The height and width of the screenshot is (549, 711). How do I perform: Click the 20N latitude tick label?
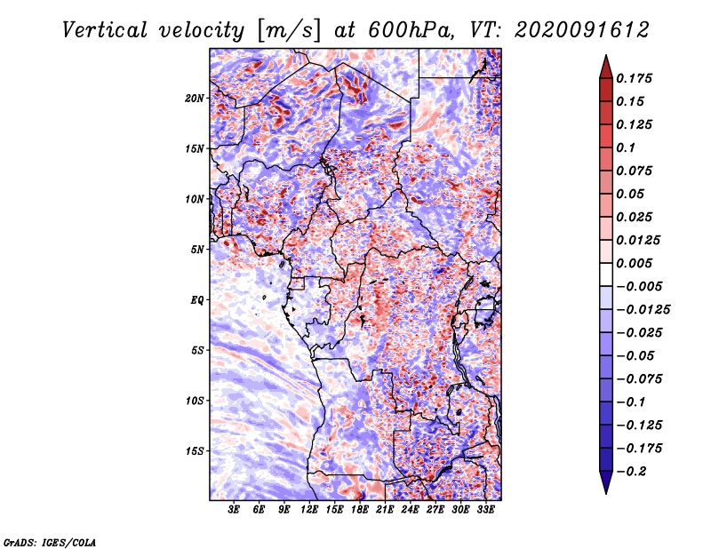(195, 98)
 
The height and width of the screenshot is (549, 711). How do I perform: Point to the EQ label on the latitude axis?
(196, 300)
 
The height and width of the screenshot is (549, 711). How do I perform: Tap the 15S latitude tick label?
(195, 451)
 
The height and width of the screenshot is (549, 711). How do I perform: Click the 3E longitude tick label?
(235, 511)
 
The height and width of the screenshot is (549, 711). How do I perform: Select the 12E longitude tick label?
(310, 511)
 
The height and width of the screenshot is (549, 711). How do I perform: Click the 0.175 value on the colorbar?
(635, 78)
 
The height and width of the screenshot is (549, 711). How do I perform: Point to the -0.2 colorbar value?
(633, 472)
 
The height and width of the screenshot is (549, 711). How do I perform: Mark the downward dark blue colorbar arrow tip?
(605, 491)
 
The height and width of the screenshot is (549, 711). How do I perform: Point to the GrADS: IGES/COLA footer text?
(50, 541)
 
